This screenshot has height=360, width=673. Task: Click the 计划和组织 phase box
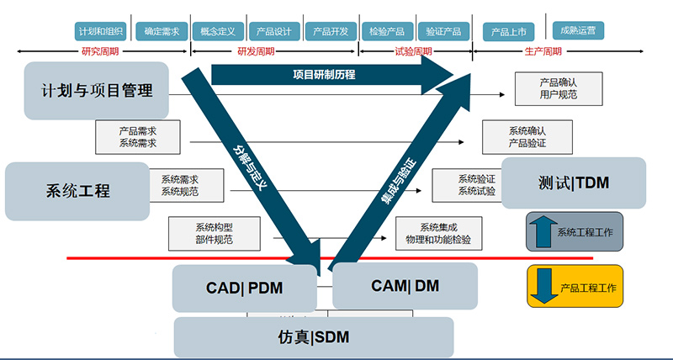click(102, 31)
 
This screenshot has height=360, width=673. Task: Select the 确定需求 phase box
click(161, 31)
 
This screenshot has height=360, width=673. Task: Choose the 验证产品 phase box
click(442, 31)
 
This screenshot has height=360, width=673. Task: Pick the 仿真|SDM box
click(313, 337)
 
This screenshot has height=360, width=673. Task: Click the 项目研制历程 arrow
click(328, 75)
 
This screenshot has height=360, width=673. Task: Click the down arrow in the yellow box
click(543, 286)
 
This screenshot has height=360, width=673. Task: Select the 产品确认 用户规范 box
click(558, 88)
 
